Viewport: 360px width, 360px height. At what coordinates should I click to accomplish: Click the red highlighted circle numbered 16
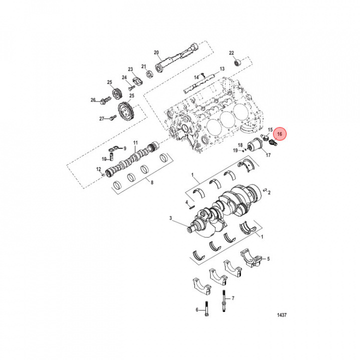point(280,134)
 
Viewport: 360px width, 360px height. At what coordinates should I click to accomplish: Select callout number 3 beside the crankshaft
point(170,218)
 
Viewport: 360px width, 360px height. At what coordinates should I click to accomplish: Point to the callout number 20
point(156,52)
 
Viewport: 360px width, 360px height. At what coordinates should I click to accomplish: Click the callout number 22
point(231,53)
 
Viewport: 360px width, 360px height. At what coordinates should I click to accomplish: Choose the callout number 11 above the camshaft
point(135,143)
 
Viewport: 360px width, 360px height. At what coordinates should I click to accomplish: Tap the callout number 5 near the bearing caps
point(268,258)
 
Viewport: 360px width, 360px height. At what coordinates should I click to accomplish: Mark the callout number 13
point(222,68)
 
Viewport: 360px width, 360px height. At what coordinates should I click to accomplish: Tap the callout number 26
point(93,100)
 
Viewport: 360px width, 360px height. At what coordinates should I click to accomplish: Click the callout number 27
point(101,118)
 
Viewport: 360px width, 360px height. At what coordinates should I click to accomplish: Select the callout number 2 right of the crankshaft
point(269,192)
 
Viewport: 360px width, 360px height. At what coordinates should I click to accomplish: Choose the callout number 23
point(130,69)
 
